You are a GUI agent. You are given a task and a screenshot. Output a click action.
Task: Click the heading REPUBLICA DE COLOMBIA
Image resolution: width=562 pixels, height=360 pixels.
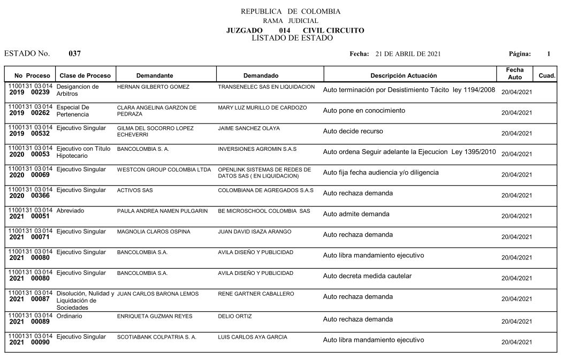[x=290, y=11]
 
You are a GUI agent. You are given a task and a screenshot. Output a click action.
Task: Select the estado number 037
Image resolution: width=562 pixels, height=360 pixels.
[x=75, y=53]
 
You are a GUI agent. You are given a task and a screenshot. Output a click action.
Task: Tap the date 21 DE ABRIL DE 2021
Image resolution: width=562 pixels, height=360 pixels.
[x=408, y=54]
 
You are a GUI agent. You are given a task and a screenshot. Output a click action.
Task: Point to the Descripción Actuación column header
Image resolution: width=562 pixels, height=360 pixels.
[x=404, y=75]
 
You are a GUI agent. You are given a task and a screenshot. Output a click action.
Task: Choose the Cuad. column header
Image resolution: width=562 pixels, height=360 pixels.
[x=547, y=76]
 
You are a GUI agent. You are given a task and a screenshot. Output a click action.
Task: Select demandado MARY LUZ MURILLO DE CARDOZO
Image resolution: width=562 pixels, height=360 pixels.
[x=262, y=108]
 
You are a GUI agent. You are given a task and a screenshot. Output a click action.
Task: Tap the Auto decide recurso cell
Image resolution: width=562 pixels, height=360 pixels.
[x=353, y=131]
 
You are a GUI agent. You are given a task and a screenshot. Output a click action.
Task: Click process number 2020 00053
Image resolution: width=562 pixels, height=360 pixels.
[x=30, y=154]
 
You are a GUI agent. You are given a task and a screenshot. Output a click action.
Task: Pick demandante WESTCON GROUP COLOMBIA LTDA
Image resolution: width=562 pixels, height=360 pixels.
[x=164, y=170]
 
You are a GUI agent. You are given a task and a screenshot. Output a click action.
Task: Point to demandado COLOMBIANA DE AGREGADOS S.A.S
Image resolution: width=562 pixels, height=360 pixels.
[x=265, y=190]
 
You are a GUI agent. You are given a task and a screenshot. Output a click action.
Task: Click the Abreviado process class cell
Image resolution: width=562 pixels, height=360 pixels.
[x=70, y=211]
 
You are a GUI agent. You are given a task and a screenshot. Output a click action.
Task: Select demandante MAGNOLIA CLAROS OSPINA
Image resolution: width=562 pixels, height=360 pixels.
[x=154, y=232]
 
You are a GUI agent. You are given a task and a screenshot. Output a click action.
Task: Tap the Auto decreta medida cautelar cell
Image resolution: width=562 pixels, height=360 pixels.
[x=367, y=276]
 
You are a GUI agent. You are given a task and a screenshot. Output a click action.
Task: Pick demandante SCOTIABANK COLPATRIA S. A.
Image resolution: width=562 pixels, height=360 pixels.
[x=157, y=337]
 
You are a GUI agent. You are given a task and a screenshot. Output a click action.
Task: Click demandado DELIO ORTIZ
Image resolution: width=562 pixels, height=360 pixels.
[x=235, y=316]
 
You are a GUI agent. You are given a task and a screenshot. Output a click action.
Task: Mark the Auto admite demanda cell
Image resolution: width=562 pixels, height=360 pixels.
[x=356, y=214]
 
